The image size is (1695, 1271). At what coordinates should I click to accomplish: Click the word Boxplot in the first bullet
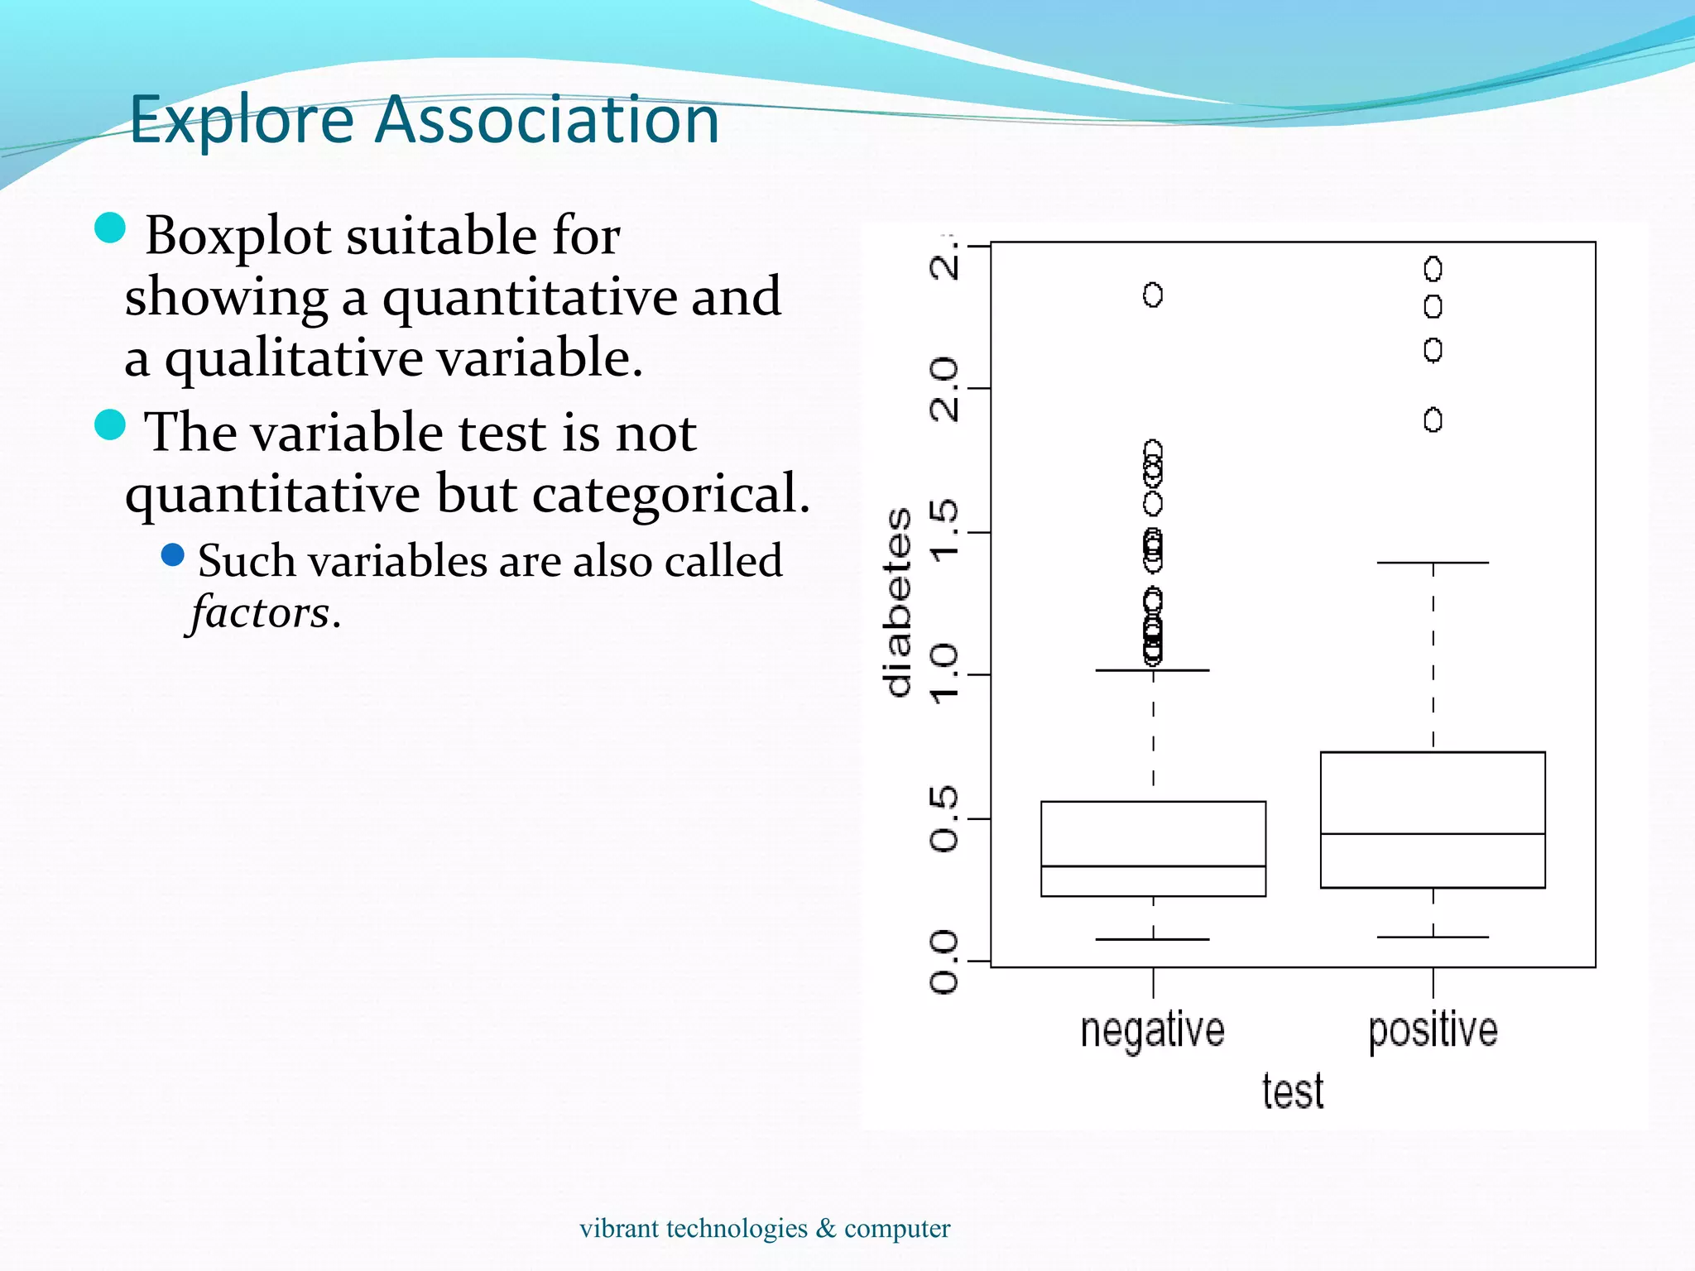click(x=238, y=236)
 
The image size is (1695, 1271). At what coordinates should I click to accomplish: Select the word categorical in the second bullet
click(x=670, y=494)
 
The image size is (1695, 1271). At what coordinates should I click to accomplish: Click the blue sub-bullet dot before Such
click(x=172, y=554)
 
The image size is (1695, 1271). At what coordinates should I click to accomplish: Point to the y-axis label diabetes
click(x=898, y=602)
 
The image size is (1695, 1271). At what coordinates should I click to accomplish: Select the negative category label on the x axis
click(x=1152, y=1030)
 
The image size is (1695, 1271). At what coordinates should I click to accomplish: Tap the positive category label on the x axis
click(x=1433, y=1030)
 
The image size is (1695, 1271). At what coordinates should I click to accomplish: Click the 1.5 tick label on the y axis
click(x=944, y=531)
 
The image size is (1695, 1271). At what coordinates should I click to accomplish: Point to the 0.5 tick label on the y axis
click(x=944, y=818)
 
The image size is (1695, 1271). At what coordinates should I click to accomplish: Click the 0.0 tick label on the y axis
click(x=944, y=961)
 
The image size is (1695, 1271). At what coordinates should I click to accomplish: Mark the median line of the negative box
click(x=1153, y=866)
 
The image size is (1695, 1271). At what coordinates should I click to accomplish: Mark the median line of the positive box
click(x=1433, y=834)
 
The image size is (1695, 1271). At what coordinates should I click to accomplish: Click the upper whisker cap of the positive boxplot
click(x=1433, y=563)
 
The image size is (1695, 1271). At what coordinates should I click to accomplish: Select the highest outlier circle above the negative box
click(x=1153, y=295)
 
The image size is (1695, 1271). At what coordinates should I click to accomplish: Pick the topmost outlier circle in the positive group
click(x=1433, y=269)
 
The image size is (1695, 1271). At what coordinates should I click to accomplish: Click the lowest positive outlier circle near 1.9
click(x=1433, y=420)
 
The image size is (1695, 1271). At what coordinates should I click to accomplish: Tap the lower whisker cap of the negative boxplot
click(x=1153, y=939)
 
